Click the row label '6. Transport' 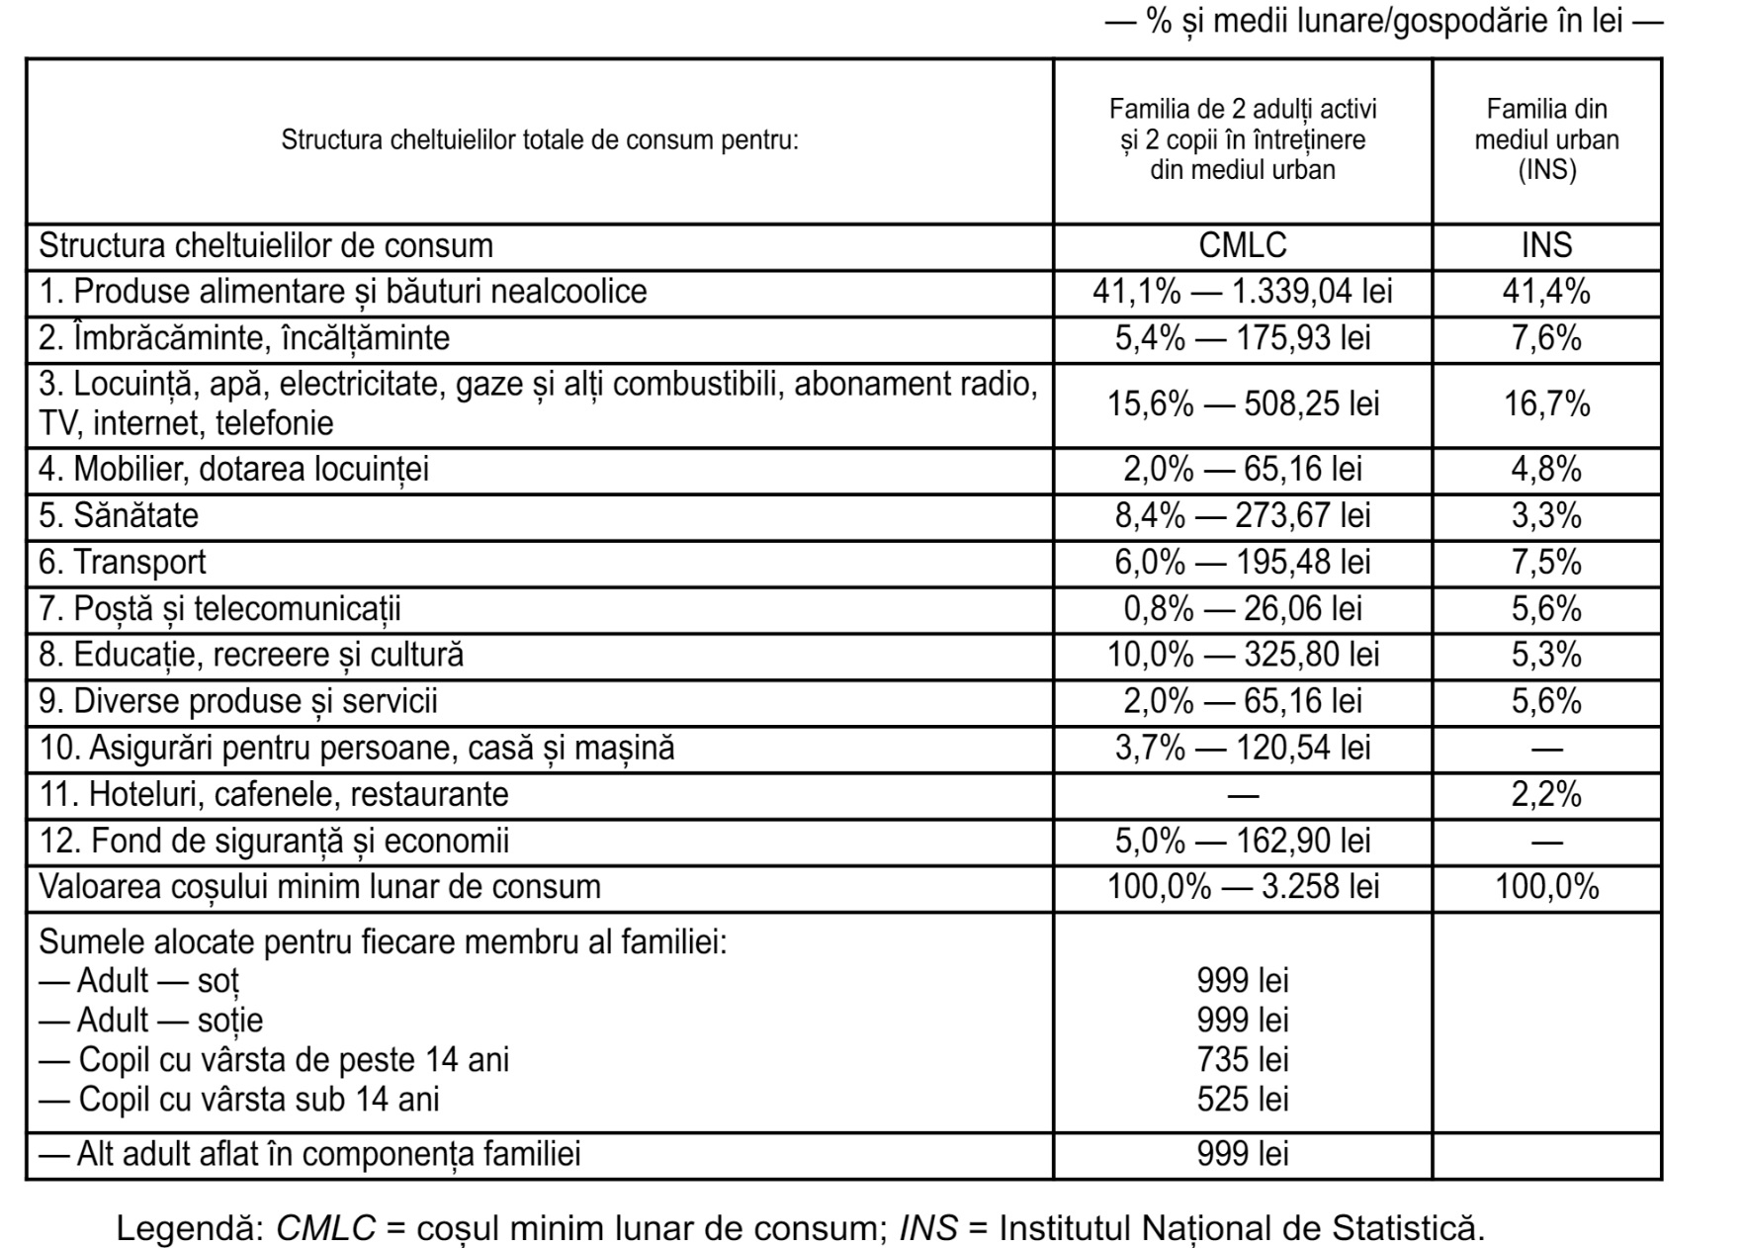pos(123,562)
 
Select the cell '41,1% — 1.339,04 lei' pos(1242,292)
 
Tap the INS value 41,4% pos(1546,292)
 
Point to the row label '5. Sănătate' pos(119,515)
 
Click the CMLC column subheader pos(1242,245)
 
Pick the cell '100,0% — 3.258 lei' pos(1242,886)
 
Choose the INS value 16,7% pos(1546,403)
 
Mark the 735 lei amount pos(1242,1059)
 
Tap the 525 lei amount pos(1242,1099)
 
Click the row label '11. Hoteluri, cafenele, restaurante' pos(274,794)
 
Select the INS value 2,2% pos(1546,794)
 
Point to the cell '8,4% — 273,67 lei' pos(1242,515)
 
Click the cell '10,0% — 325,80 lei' pos(1242,655)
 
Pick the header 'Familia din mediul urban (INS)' pos(1546,139)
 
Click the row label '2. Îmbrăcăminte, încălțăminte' pos(244,338)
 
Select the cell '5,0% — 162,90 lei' pos(1242,841)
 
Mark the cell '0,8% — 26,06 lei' pos(1242,608)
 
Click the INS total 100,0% pos(1546,886)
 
